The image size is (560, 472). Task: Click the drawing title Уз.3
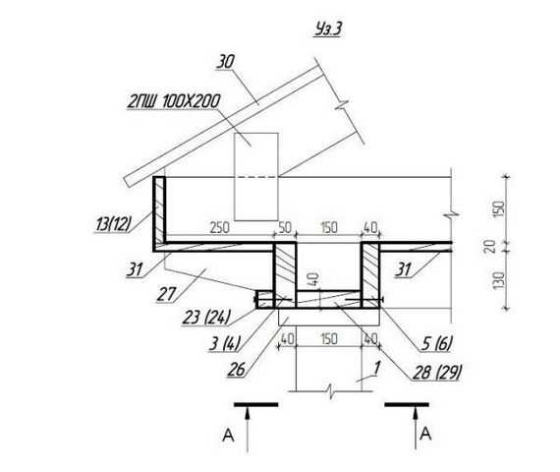click(328, 29)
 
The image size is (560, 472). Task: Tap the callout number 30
click(226, 62)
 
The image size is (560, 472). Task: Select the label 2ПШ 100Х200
click(174, 101)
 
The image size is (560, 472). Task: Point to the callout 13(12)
click(113, 224)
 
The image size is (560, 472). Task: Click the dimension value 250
click(219, 228)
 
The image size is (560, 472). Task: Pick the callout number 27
click(166, 294)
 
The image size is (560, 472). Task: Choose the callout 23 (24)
click(206, 317)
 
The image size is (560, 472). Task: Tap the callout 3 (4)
click(225, 343)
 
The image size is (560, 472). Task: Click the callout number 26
click(237, 370)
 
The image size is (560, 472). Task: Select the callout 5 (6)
click(436, 343)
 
